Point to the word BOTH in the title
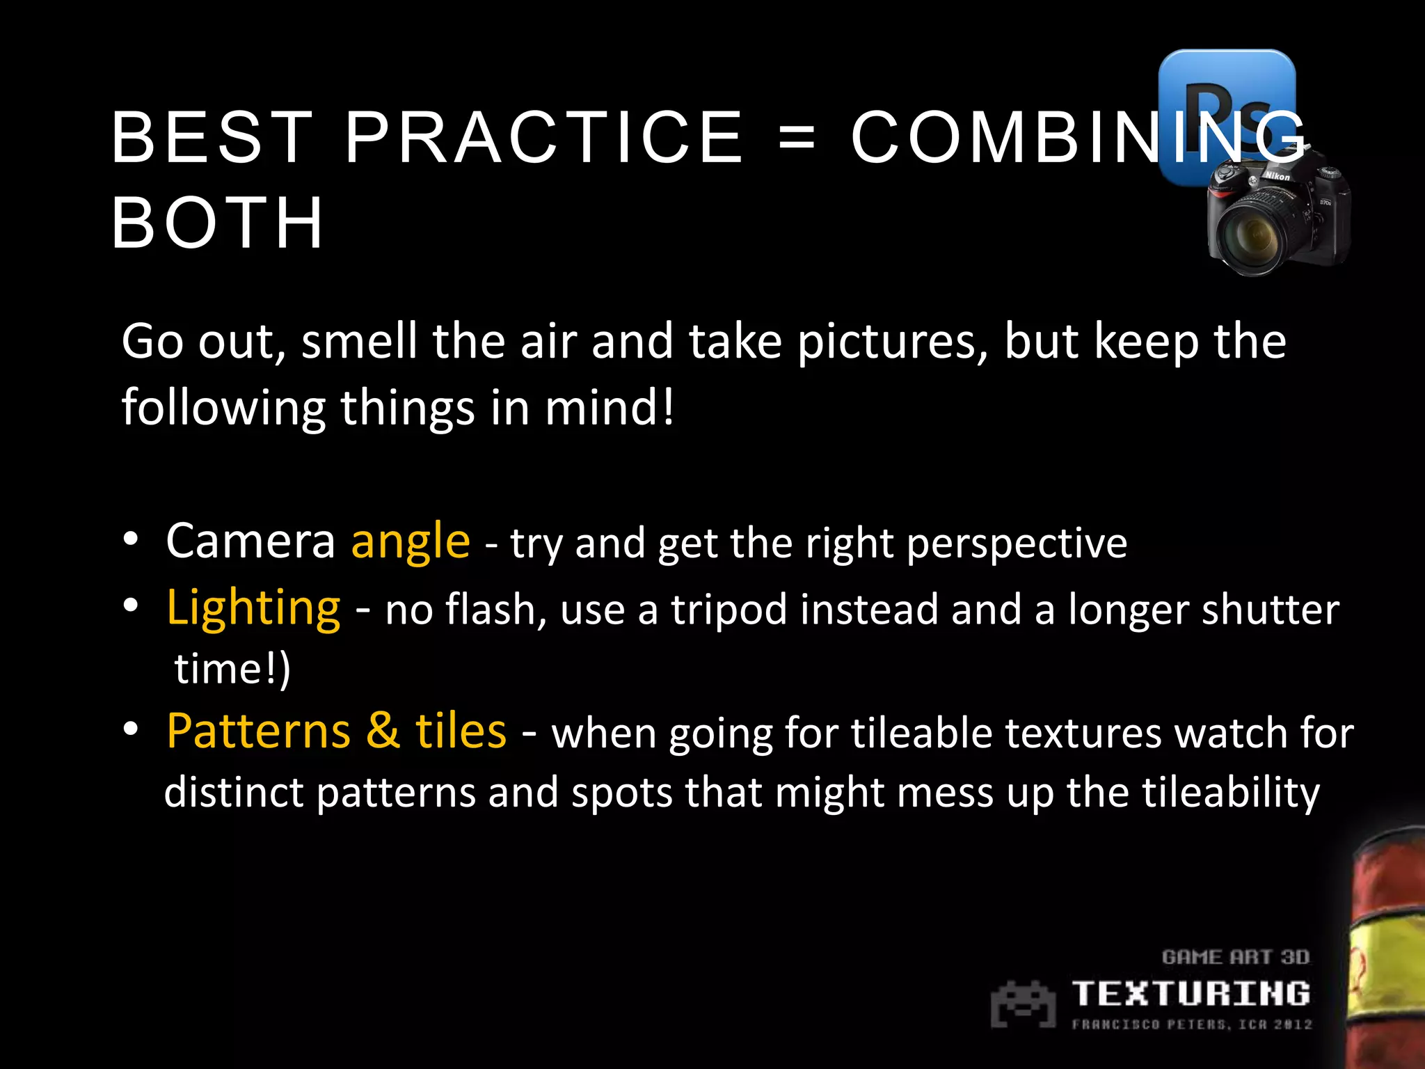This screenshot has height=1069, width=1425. (x=217, y=223)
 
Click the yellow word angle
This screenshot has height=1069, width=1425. (x=411, y=541)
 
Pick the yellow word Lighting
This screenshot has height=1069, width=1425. (x=253, y=608)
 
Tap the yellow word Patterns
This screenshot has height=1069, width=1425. (x=258, y=731)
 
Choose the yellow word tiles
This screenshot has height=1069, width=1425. (x=461, y=731)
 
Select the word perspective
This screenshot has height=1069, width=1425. (x=1017, y=543)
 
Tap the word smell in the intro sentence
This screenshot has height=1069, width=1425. (x=359, y=342)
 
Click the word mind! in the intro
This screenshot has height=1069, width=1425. (x=609, y=408)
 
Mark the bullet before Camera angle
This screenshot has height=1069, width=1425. (x=131, y=540)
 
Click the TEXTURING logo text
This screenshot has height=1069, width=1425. (x=1191, y=993)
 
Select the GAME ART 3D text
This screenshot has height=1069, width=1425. (x=1236, y=958)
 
